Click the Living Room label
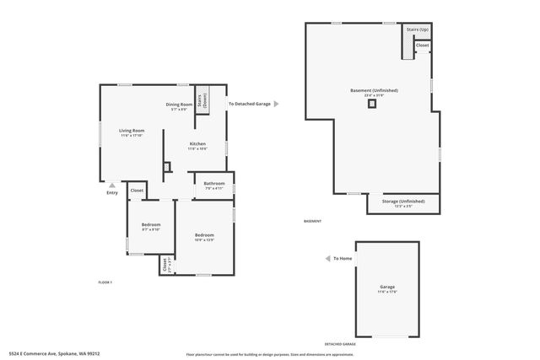point(131,131)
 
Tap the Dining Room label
point(179,105)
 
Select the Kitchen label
point(197,144)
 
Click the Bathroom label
point(213,184)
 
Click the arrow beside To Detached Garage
point(276,104)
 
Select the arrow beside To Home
point(327,259)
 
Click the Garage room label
point(386,287)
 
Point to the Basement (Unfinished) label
point(374,90)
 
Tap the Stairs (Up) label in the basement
point(416,29)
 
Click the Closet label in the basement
point(422,45)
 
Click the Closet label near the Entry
point(137,191)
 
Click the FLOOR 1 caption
point(105,281)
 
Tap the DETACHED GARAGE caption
point(340,344)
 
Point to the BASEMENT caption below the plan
point(312,221)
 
